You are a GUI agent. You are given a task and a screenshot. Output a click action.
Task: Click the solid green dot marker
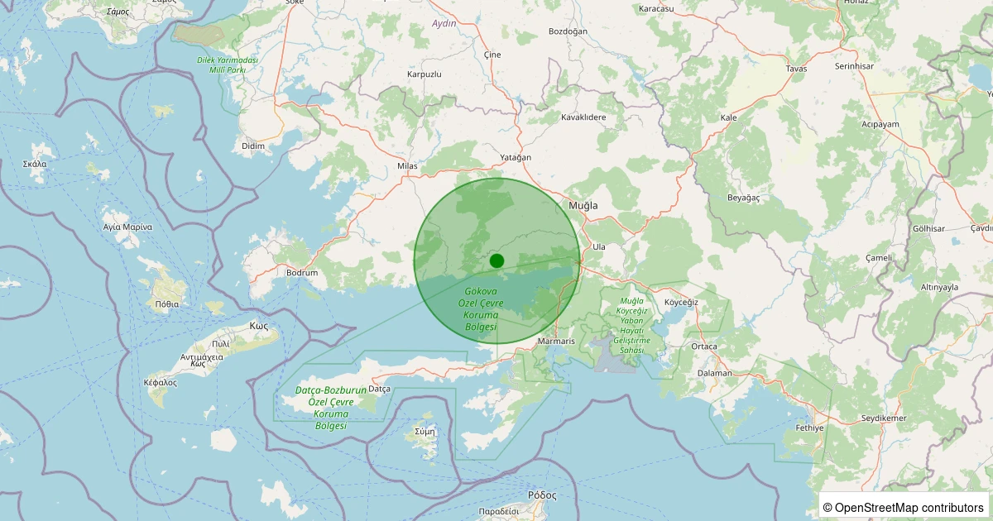[496, 260]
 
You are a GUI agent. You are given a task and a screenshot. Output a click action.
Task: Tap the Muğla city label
[583, 205]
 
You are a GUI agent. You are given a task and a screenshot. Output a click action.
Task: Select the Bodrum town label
[302, 272]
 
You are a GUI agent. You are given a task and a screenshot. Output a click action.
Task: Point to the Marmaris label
[556, 341]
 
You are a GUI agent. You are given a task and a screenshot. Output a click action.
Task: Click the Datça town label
[379, 389]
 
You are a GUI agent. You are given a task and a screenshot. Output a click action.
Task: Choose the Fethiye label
[810, 428]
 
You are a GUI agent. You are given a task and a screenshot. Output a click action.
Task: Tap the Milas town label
[408, 166]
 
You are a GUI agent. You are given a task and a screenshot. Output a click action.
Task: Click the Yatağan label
[516, 157]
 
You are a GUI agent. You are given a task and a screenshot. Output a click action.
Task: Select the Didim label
[253, 146]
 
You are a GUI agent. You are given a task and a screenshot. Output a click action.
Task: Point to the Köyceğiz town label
[682, 302]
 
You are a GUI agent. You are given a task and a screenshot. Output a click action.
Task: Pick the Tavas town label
[796, 69]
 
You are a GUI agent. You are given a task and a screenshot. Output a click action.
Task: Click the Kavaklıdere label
[584, 117]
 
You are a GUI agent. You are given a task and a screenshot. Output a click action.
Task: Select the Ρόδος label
[542, 495]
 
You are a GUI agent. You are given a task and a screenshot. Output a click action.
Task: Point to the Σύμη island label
[425, 431]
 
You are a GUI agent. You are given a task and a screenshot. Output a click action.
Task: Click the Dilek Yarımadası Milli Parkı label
[228, 65]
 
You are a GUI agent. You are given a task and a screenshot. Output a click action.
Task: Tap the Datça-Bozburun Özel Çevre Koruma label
[331, 407]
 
